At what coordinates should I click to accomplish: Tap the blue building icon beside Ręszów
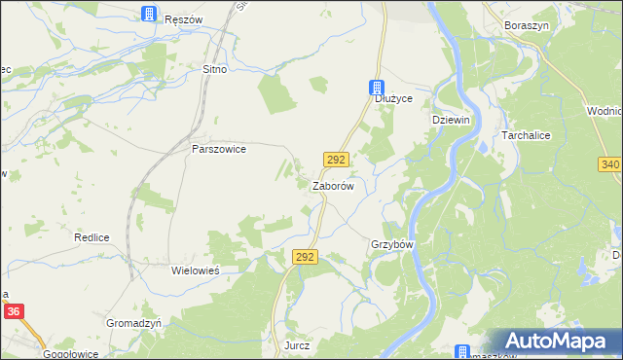pyautogui.click(x=149, y=14)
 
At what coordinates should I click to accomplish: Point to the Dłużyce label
pyautogui.click(x=394, y=99)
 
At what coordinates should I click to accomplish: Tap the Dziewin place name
pyautogui.click(x=451, y=119)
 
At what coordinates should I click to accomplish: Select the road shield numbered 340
pyautogui.click(x=610, y=164)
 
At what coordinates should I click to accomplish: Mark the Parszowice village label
pyautogui.click(x=219, y=150)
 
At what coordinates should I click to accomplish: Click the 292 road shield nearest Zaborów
pyautogui.click(x=336, y=159)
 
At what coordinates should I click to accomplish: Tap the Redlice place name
pyautogui.click(x=92, y=237)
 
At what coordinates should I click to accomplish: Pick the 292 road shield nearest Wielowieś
pyautogui.click(x=305, y=256)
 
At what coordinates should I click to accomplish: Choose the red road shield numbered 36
pyautogui.click(x=14, y=311)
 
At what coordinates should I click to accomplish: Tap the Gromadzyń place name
pyautogui.click(x=132, y=322)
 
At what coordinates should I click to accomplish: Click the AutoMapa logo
pyautogui.click(x=557, y=342)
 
